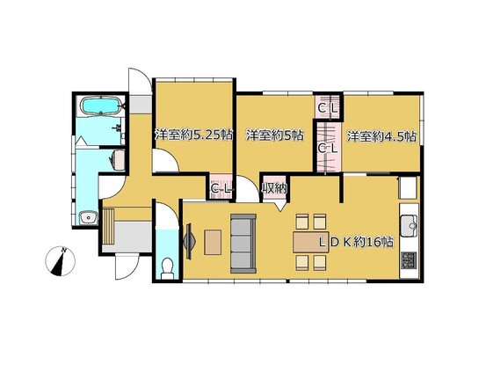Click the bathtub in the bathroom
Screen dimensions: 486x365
101,106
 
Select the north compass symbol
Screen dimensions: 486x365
60,261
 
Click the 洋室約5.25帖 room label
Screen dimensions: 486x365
193,135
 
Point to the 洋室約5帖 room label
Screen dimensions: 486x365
274,135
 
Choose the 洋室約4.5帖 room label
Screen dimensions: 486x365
381,136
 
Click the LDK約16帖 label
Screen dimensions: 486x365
357,242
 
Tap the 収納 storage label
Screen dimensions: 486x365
274,188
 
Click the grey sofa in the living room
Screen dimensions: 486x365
243,244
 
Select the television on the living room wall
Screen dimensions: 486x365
189,241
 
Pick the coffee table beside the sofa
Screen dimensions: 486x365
213,242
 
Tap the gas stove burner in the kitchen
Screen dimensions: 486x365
409,260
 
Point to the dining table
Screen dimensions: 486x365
311,242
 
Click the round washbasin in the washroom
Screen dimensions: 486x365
89,218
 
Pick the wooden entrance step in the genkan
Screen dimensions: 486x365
109,227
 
